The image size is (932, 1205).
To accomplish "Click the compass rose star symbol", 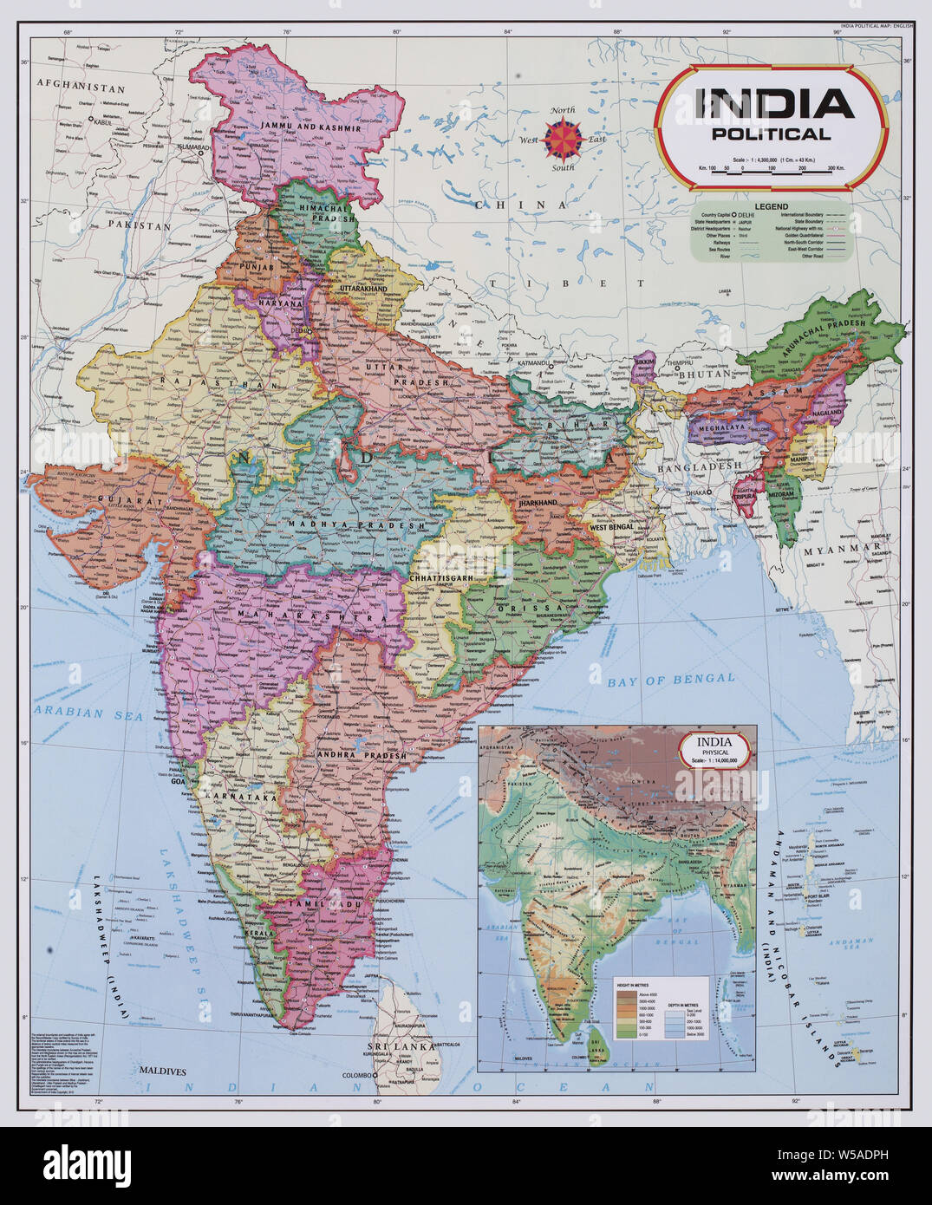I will click(564, 137).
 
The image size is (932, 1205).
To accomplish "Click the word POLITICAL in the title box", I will click(769, 134).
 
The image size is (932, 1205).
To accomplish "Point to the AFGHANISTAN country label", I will click(81, 88).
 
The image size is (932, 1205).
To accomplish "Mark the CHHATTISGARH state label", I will click(440, 576).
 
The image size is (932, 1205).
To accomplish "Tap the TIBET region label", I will click(565, 283).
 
